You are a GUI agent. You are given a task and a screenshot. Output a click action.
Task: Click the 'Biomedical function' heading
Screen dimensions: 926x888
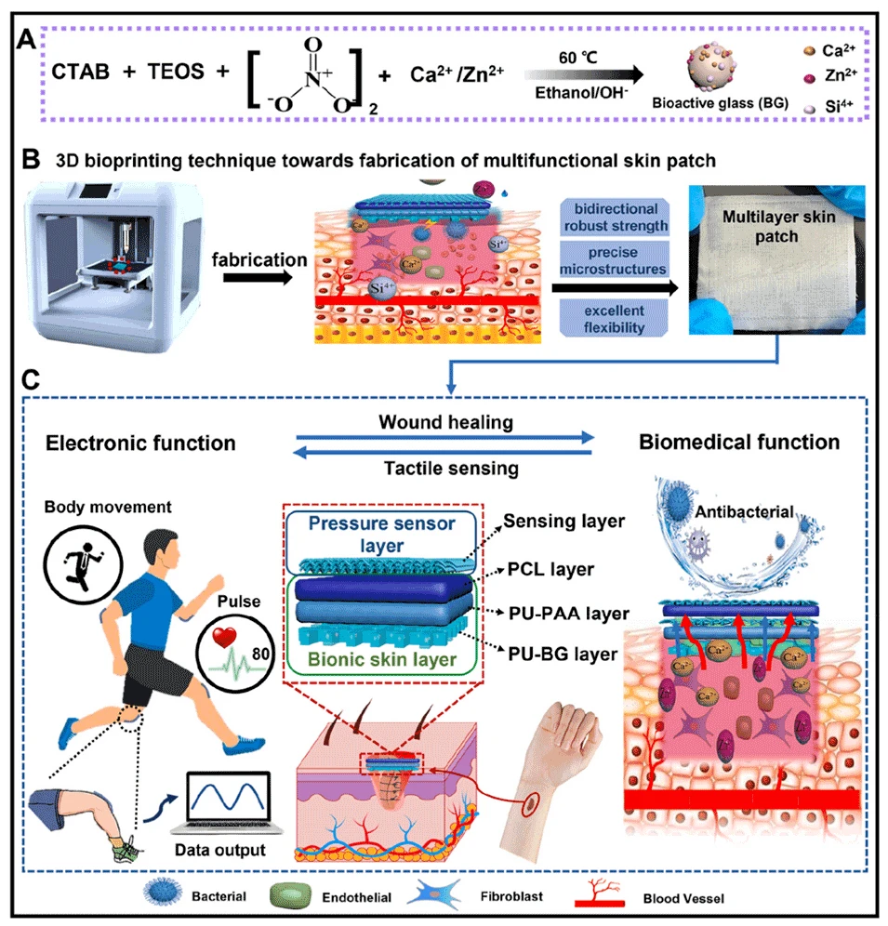pos(739,443)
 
